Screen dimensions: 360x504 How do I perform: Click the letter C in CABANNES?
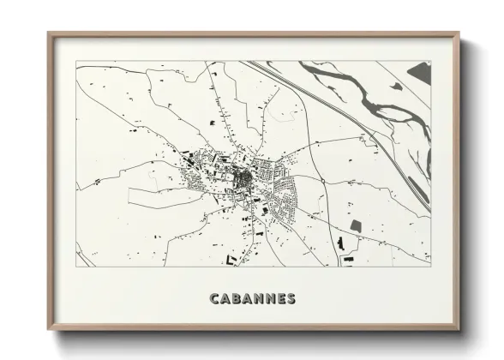coord(213,299)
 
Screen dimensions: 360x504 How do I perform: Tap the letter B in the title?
coord(237,299)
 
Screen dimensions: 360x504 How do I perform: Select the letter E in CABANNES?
coord(279,299)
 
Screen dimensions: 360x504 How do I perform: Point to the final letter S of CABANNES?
coord(291,299)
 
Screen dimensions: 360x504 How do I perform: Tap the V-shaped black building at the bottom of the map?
coord(231,258)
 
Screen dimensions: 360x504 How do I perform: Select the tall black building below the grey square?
coord(340,245)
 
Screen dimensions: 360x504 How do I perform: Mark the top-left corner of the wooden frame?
coord(49,33)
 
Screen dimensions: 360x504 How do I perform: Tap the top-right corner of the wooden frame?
coord(459,33)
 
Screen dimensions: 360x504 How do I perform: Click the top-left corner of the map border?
coord(76,62)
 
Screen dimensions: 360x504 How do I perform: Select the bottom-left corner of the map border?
coord(76,267)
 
